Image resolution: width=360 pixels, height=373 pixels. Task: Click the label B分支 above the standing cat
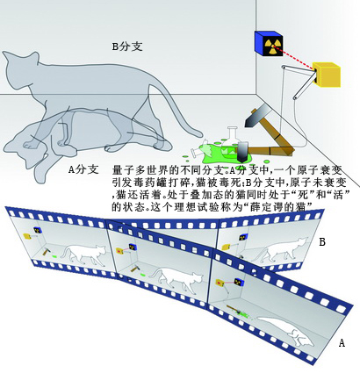click(127, 47)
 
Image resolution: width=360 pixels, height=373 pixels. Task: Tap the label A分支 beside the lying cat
click(83, 169)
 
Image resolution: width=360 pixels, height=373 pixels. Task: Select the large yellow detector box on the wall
click(326, 74)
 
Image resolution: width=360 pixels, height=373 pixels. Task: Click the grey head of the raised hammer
click(256, 116)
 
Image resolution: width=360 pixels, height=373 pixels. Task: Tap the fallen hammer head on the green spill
click(242, 152)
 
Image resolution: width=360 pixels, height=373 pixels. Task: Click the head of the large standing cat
click(19, 68)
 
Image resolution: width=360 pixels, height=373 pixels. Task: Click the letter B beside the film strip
click(322, 242)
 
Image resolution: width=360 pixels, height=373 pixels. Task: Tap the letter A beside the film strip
click(342, 342)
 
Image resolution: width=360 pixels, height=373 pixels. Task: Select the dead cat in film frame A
click(285, 331)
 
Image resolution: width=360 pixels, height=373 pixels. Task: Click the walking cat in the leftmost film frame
click(83, 254)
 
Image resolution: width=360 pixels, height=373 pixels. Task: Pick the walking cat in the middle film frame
click(176, 279)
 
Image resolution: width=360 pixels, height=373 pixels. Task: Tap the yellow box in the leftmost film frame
click(27, 236)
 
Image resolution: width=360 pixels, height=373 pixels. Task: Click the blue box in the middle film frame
click(133, 247)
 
